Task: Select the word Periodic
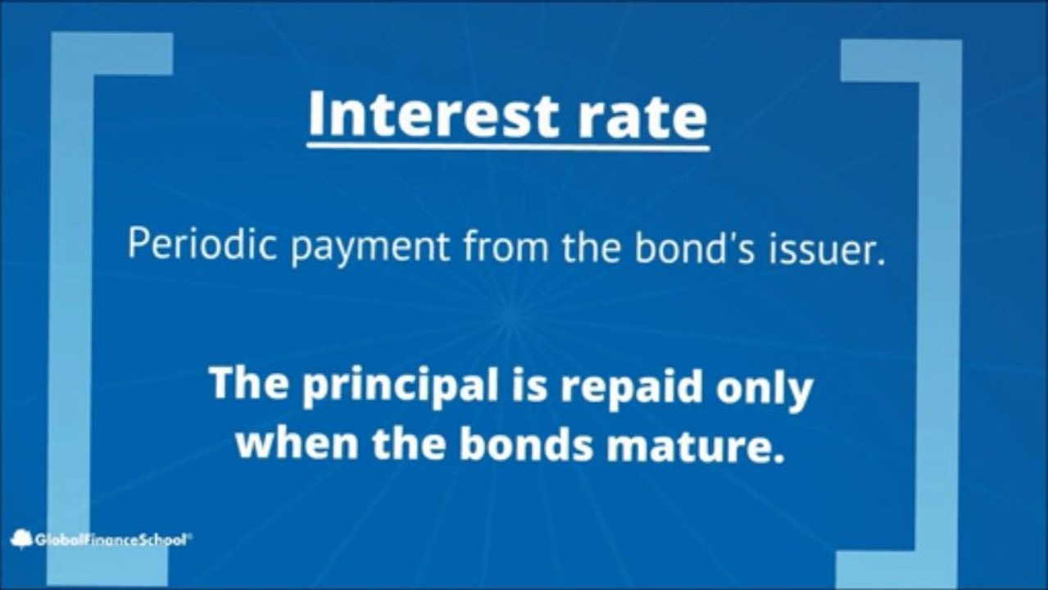click(x=202, y=244)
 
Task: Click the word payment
click(x=370, y=248)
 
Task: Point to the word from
click(x=506, y=245)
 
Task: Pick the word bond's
click(x=693, y=245)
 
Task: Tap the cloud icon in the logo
click(x=21, y=539)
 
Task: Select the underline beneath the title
click(x=508, y=147)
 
